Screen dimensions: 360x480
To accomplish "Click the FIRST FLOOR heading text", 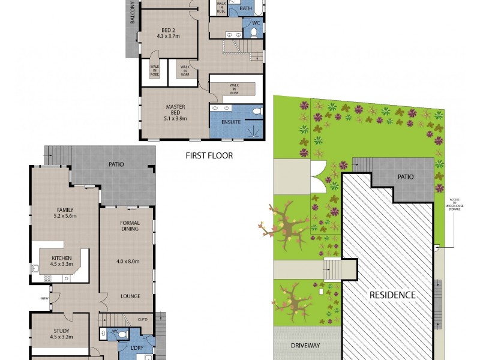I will click(x=209, y=155).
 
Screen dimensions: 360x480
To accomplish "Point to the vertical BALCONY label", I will click(x=131, y=13).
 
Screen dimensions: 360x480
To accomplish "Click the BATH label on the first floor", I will click(x=246, y=8).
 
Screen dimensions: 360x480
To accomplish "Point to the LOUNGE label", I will click(x=130, y=296).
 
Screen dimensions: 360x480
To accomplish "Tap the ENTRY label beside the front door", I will click(x=44, y=298).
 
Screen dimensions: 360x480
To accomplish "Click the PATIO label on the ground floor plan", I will click(x=116, y=163).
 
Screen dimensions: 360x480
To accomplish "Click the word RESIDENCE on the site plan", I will click(x=392, y=295).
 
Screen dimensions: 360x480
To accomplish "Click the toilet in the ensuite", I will click(x=257, y=111).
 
